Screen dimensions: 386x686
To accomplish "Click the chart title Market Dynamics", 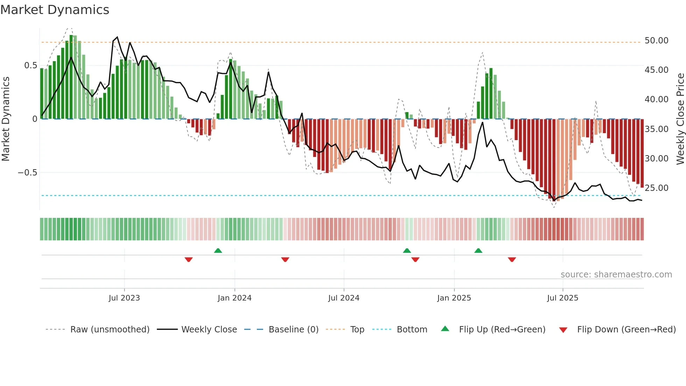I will [x=55, y=10].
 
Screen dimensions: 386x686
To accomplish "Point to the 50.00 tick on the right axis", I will [x=656, y=41].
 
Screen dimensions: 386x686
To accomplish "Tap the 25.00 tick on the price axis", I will [x=656, y=188].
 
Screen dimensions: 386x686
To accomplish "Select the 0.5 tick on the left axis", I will [x=30, y=66].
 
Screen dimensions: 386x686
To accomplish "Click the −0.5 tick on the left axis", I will [x=28, y=173].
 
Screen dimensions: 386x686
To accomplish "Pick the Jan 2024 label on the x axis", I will [x=234, y=298].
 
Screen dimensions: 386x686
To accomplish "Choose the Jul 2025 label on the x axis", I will [x=562, y=298].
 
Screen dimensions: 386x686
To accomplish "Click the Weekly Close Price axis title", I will [x=680, y=119].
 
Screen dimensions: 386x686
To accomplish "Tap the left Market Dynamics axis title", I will [x=6, y=119].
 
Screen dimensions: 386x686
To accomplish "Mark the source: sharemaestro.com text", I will [x=616, y=275].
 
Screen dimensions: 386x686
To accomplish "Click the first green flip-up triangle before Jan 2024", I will [x=218, y=250].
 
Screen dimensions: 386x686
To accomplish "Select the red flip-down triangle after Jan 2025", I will [x=512, y=260].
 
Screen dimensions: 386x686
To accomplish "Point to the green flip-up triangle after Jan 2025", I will [x=478, y=250].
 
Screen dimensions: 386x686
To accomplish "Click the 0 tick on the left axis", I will [x=35, y=119].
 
